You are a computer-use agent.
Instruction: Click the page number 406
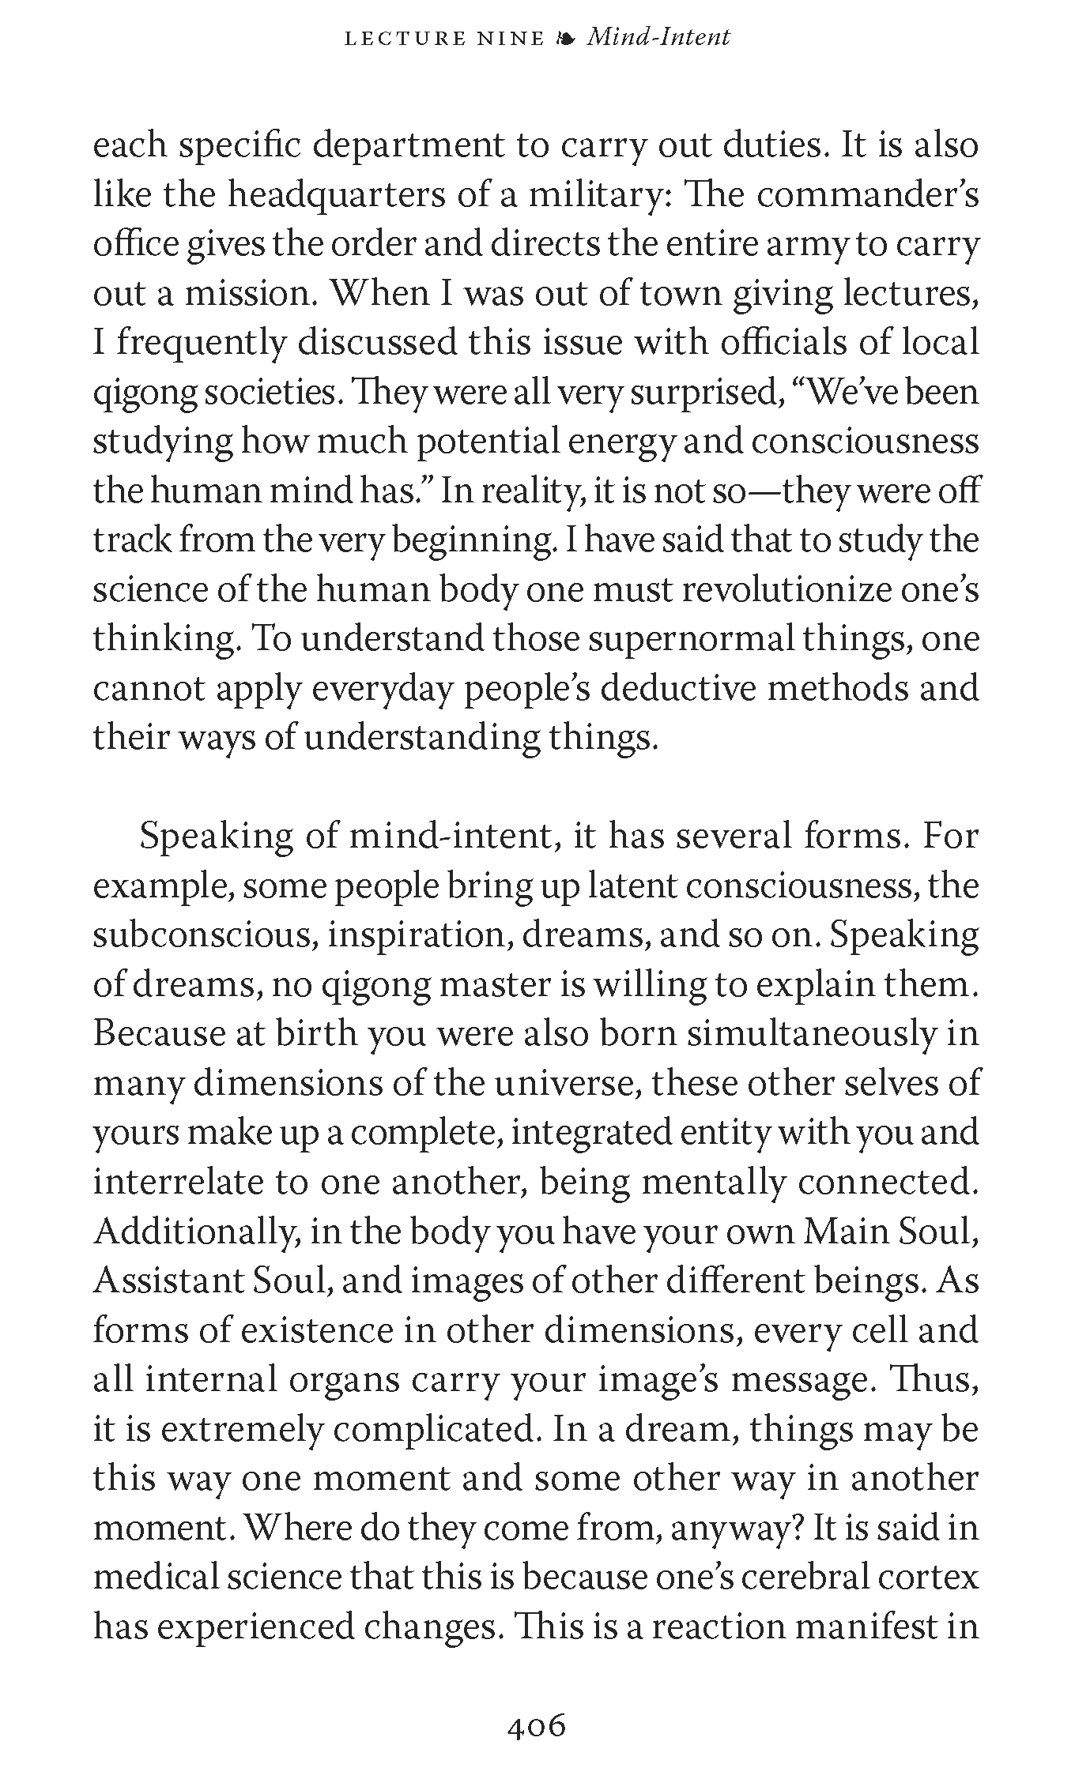click(537, 1726)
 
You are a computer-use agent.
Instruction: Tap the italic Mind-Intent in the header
click(658, 37)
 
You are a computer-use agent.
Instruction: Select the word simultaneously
click(811, 1033)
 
